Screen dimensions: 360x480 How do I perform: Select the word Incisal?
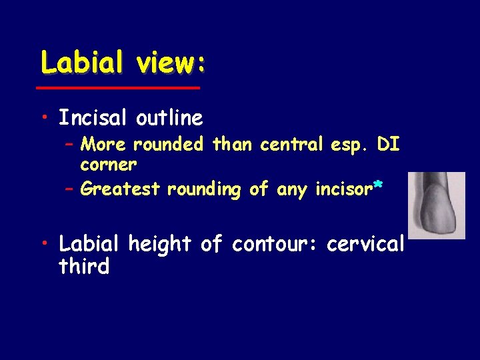[94, 118]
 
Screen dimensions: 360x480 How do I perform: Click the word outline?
[169, 118]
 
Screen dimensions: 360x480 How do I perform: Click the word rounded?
[169, 145]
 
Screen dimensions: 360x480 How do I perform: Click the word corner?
[108, 163]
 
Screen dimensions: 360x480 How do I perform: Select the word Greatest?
[121, 189]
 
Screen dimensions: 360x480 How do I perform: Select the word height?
[157, 245]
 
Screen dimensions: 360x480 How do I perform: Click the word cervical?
[365, 245]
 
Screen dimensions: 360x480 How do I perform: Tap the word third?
[84, 267]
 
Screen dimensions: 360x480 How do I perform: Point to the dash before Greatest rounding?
[69, 189]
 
